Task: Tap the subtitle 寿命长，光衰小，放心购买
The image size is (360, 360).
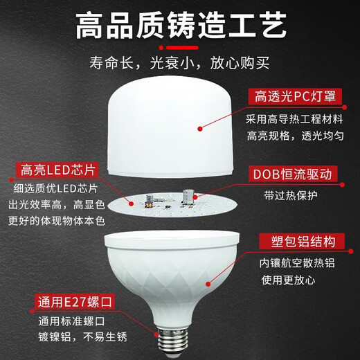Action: [180, 65]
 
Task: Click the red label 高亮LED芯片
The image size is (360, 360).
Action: [57, 169]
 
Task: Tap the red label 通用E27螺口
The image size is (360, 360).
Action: [57, 302]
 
